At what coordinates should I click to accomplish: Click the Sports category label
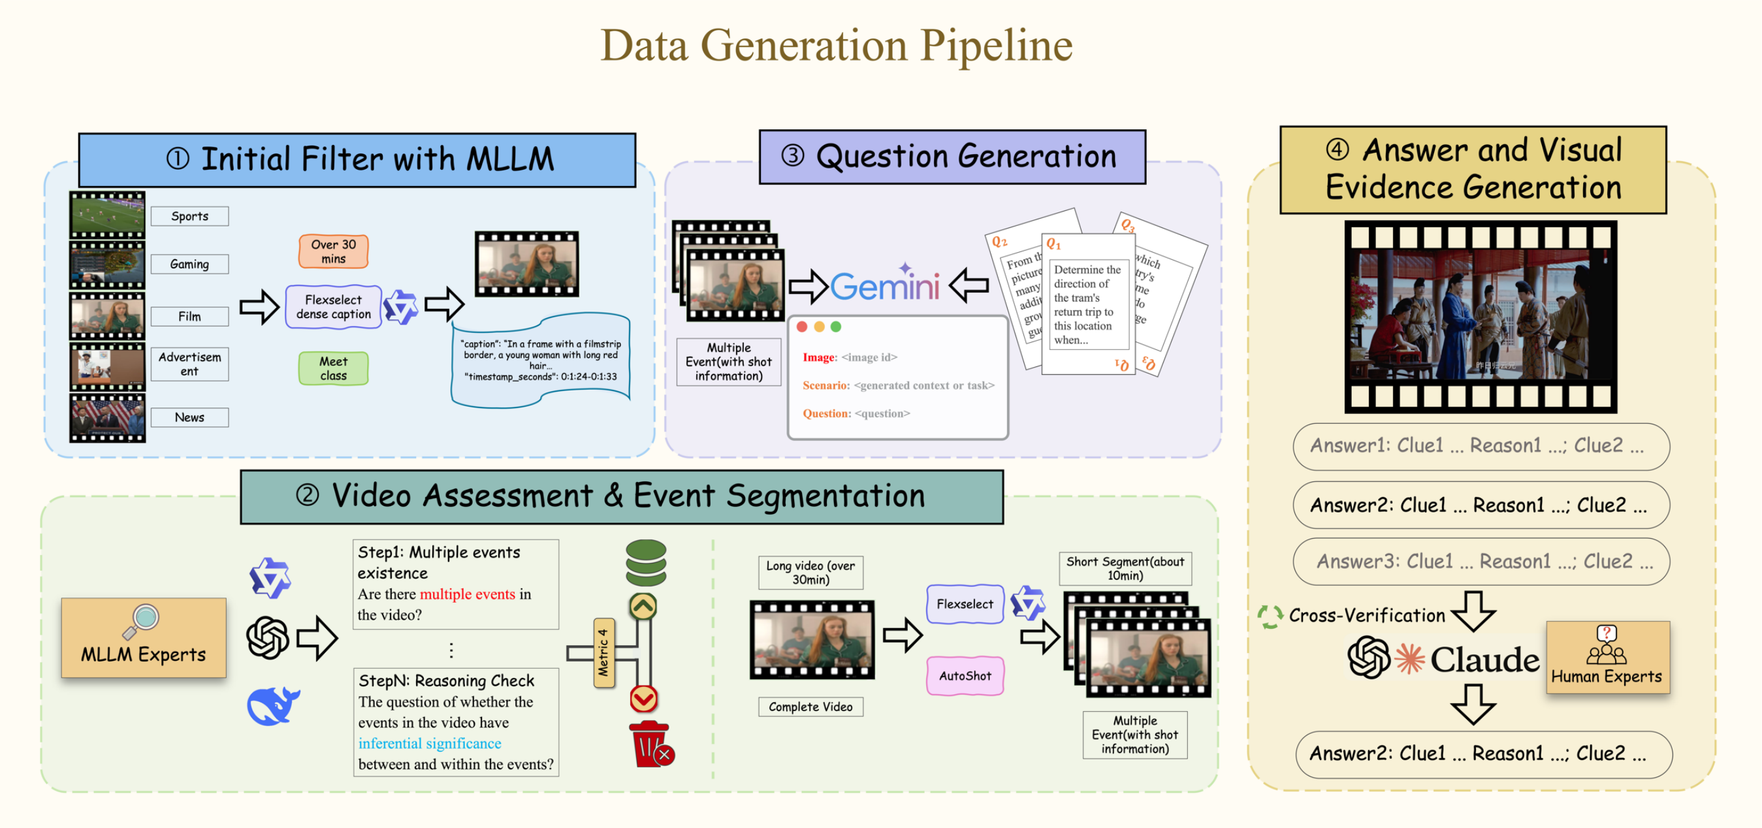point(189,216)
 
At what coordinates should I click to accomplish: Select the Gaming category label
point(189,264)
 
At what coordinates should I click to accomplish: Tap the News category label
point(189,417)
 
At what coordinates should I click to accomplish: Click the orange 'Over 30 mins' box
point(333,251)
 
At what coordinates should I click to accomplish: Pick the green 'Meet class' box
point(333,368)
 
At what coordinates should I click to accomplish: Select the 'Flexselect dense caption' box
point(333,307)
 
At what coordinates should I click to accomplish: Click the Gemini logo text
point(885,286)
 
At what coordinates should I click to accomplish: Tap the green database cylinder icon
point(646,562)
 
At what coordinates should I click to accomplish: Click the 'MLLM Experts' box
point(144,638)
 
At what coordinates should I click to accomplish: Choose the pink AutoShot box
point(965,676)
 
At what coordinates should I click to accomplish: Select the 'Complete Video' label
point(810,707)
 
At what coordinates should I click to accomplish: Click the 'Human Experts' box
point(1607,657)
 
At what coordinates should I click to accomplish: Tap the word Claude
point(1485,660)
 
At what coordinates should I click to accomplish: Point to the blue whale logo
point(273,706)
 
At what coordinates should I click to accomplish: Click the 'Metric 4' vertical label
point(603,653)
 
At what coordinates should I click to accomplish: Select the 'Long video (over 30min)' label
point(810,572)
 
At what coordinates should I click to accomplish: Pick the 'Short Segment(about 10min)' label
point(1125,568)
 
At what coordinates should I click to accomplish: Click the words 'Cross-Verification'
point(1367,615)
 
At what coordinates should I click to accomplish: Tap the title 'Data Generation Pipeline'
point(836,45)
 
